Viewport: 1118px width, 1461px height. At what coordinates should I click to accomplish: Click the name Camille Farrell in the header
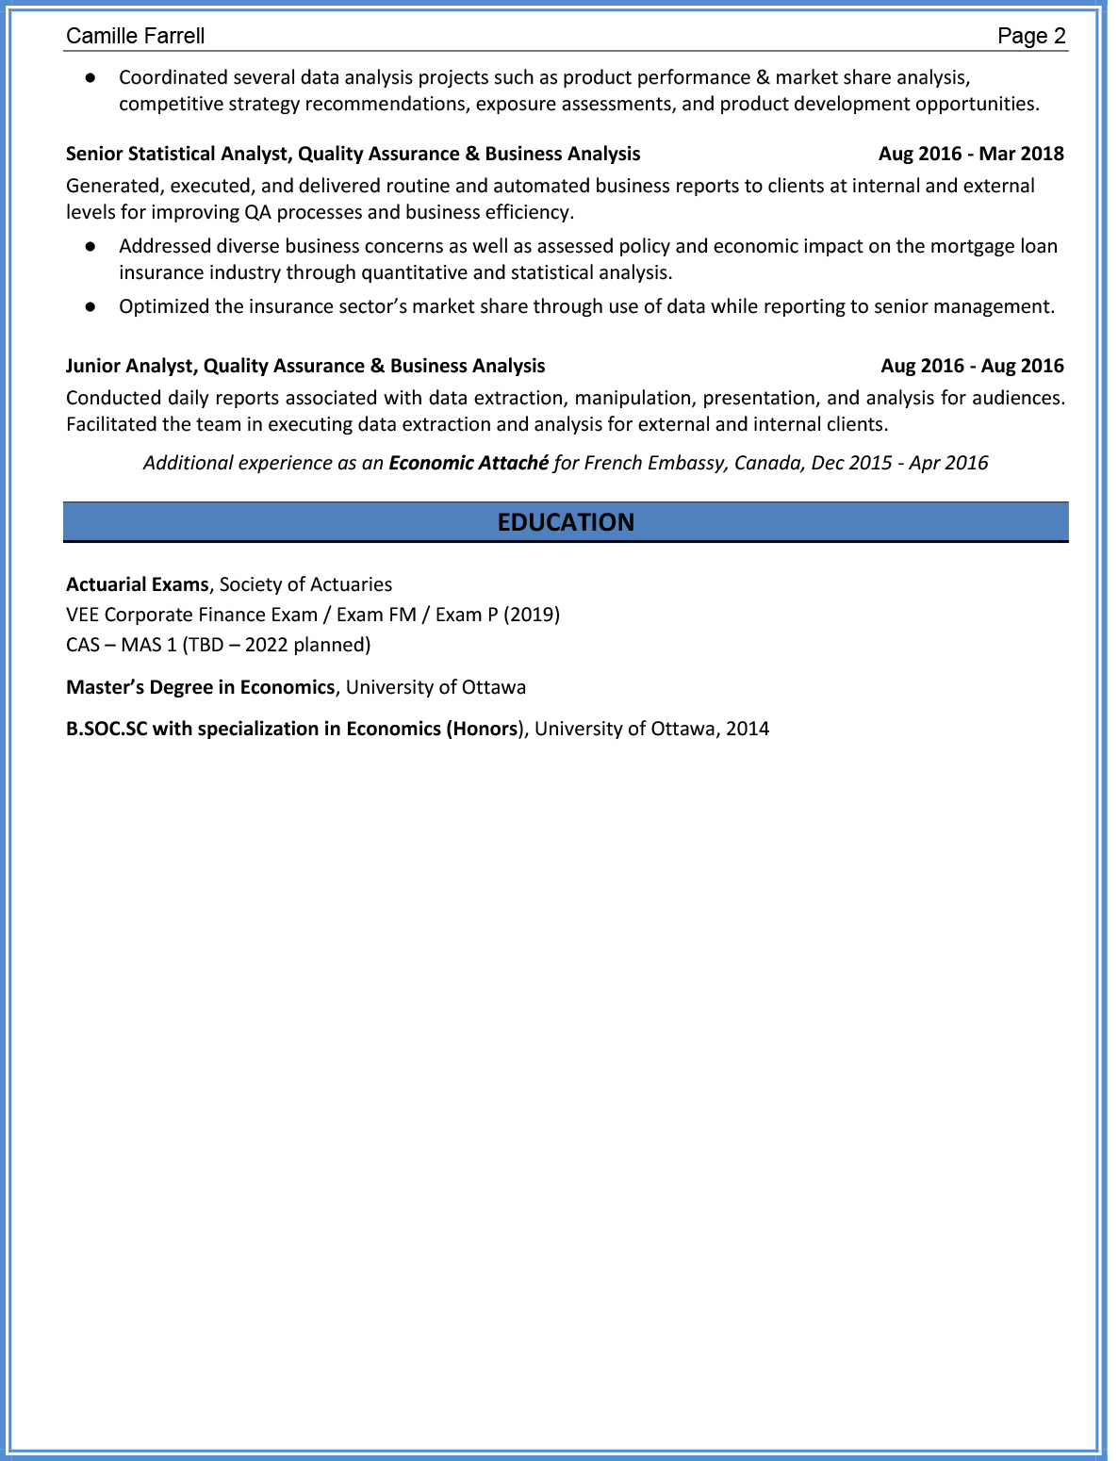point(135,36)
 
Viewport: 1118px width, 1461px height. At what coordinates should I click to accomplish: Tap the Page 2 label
point(1031,36)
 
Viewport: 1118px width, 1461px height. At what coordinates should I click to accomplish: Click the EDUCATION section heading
point(566,522)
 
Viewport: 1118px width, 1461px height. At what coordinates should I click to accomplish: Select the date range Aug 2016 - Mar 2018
point(971,154)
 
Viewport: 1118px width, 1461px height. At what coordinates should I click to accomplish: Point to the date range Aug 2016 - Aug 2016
point(972,366)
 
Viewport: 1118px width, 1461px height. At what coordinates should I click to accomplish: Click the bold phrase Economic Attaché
point(469,463)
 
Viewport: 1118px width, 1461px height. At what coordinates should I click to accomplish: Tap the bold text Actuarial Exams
point(137,584)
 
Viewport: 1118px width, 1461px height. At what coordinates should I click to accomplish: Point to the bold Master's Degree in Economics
point(200,687)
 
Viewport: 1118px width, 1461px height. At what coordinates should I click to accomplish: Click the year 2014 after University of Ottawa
point(748,729)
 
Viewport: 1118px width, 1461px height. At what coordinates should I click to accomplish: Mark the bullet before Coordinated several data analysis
point(90,77)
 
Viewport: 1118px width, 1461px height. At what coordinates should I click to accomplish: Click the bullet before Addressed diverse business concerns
point(90,246)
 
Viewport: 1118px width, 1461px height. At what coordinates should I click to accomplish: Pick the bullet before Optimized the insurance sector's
point(90,306)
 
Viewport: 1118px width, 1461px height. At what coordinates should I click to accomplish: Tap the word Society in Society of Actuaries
point(250,584)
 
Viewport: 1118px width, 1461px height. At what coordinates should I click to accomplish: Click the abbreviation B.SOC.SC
point(107,729)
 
